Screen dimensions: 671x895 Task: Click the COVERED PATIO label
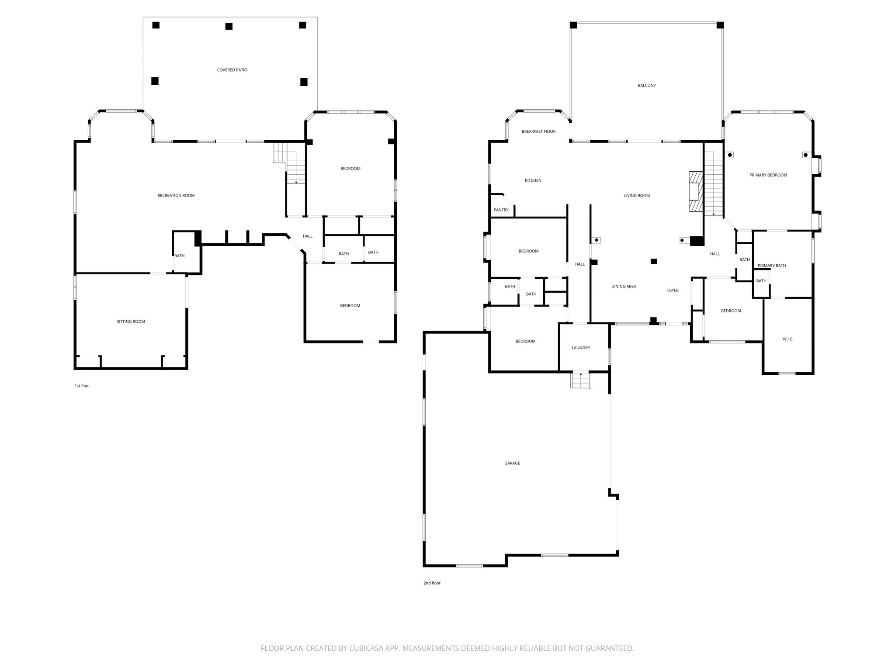click(232, 70)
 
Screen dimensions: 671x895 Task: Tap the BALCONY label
click(646, 86)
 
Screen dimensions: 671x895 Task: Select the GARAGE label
click(512, 463)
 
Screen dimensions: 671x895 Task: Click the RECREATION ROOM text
click(176, 195)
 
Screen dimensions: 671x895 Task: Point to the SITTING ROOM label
click(131, 322)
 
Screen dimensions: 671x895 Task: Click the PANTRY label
click(501, 210)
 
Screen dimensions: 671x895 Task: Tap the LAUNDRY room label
click(580, 348)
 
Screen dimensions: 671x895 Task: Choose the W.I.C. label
click(787, 339)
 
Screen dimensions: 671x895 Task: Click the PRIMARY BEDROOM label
click(768, 175)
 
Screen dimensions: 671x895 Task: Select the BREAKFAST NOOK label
click(538, 131)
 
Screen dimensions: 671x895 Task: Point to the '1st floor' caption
click(82, 386)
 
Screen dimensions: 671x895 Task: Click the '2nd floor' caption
click(432, 583)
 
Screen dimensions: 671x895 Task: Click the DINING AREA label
click(623, 287)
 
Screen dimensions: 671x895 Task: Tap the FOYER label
click(672, 291)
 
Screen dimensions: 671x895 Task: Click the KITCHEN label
click(533, 180)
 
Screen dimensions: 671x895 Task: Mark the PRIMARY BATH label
click(771, 266)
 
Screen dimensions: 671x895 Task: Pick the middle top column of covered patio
click(229, 26)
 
